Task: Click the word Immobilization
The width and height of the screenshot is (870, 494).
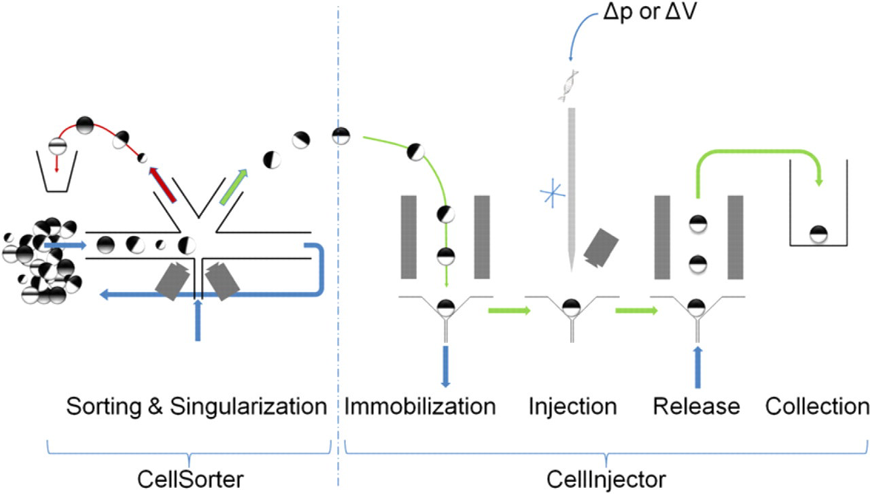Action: point(420,406)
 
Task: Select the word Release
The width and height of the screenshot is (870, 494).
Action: point(697,406)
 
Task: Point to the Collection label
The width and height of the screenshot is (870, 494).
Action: point(817,406)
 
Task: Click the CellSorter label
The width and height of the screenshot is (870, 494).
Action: point(190,479)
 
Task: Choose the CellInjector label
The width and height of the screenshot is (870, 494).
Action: point(606,479)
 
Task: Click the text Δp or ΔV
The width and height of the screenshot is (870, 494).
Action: point(650,12)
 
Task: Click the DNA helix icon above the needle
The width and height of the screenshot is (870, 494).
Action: point(568,86)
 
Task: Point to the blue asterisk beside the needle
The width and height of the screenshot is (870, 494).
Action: point(553,193)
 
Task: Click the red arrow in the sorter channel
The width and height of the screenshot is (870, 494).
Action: point(162,185)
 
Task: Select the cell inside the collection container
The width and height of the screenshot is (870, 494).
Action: point(818,234)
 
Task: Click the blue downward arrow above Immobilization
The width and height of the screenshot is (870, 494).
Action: point(445,366)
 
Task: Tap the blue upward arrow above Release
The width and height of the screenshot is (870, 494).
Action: point(697,367)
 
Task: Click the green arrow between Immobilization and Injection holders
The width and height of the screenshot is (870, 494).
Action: point(509,310)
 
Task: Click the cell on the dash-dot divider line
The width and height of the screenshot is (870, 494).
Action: point(341,136)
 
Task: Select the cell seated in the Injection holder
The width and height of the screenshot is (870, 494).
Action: point(572,308)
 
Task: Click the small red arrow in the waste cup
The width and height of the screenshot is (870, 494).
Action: point(56,163)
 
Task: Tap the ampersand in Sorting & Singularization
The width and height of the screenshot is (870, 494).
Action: point(156,407)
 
